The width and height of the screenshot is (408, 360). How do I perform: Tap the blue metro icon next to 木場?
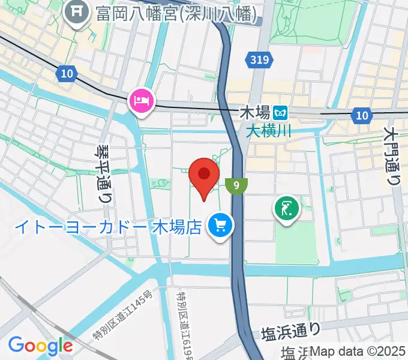click(280, 112)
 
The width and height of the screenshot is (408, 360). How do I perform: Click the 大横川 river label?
click(268, 130)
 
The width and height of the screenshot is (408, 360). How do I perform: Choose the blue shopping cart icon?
click(220, 226)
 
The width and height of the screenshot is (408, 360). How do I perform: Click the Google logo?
click(40, 345)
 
